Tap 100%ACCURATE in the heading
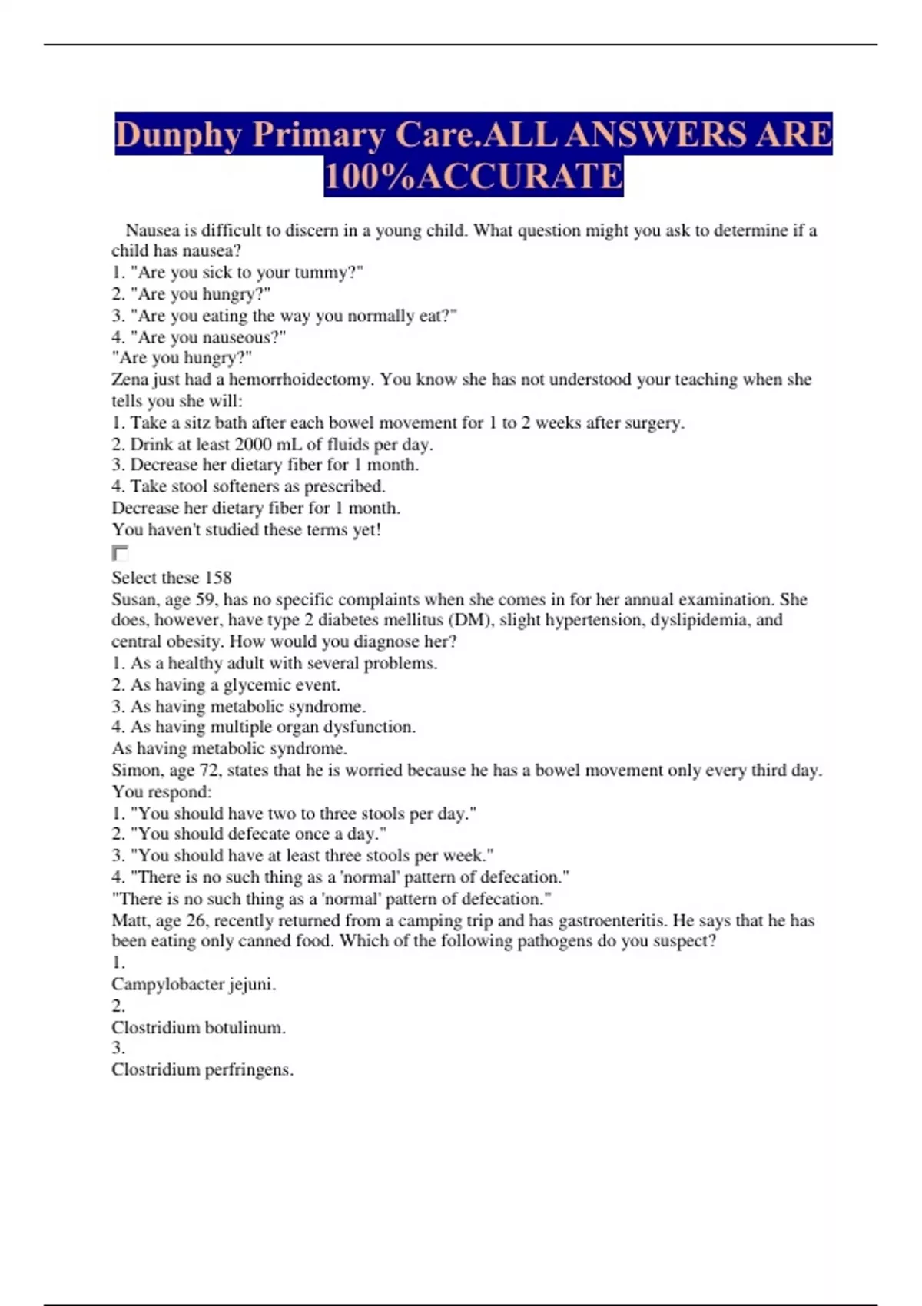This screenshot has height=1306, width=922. [x=473, y=176]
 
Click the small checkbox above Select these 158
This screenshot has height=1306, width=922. [x=120, y=552]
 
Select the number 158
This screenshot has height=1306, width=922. [x=217, y=578]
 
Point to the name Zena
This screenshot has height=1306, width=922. [x=128, y=380]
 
